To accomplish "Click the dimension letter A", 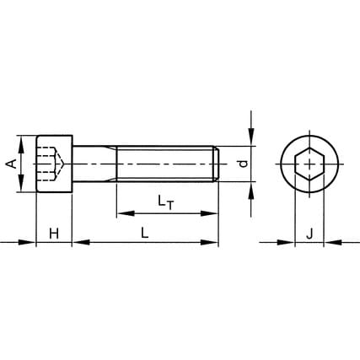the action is coord(12,164).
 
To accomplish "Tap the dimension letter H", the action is coord(54,234).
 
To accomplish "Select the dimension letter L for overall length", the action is coord(145,233).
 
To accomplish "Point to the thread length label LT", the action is coord(165,202).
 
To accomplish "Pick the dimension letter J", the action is coord(309,234).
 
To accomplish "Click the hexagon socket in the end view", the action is coord(309,164).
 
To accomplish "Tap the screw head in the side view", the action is coord(55,164).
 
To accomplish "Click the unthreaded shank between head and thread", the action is coord(94,164).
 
